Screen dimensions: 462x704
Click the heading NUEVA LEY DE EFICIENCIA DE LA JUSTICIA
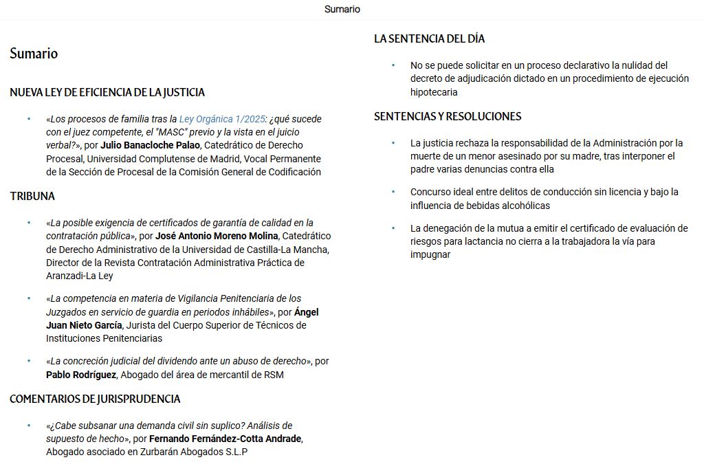click(x=107, y=93)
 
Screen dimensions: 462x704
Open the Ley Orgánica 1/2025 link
click(x=221, y=119)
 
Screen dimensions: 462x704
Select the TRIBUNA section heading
click(x=32, y=197)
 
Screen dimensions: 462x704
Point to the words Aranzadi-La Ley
click(x=80, y=276)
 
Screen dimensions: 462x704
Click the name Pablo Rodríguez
click(x=82, y=375)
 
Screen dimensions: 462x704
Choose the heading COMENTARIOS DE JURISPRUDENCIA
click(x=95, y=399)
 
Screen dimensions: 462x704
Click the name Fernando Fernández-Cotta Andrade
click(x=225, y=439)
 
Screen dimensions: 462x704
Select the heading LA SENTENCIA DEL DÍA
click(x=430, y=39)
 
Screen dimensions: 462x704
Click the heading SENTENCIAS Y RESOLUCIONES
click(x=448, y=117)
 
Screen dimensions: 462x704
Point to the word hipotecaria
click(x=434, y=92)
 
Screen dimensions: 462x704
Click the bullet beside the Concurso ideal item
click(x=393, y=192)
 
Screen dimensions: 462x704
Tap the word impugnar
click(x=430, y=254)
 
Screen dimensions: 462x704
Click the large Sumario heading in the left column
click(x=34, y=54)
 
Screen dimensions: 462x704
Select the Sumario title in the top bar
click(x=342, y=10)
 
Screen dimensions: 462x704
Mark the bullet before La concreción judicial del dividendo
click(x=29, y=361)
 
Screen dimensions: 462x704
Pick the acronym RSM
click(x=273, y=375)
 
